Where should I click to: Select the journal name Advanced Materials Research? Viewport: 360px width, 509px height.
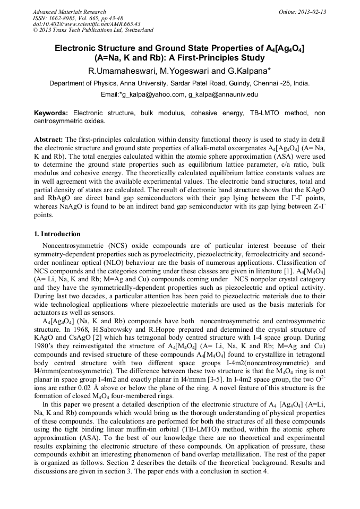[69, 12]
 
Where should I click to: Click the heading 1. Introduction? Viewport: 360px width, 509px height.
[57, 234]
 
